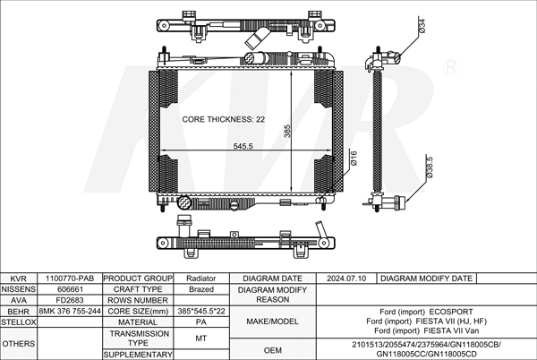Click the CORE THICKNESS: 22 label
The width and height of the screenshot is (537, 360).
coord(223,119)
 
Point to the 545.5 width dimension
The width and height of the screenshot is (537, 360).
coord(243,146)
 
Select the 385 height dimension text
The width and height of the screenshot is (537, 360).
coord(287,131)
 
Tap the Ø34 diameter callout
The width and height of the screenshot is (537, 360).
coord(422,26)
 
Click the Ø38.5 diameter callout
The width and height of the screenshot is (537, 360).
coord(430,167)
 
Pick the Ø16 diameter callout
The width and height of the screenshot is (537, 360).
coord(354,159)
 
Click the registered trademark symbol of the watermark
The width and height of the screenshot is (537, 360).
coord(451,67)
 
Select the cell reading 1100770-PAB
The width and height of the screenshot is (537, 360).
coord(70,279)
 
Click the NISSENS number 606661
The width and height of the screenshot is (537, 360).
coord(70,289)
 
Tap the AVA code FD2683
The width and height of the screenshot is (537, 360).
coord(70,300)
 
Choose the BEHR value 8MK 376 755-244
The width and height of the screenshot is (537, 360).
coord(70,311)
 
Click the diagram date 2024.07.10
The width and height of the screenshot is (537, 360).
coord(346,279)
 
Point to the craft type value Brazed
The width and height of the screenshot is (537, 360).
coord(201,289)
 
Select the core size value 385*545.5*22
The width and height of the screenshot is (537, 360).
coord(201,311)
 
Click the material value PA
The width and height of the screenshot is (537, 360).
coord(201,322)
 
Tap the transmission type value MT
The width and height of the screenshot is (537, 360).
coord(201,339)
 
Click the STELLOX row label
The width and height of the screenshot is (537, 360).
coord(19,322)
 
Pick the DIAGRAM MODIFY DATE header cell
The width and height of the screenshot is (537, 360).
coord(426,279)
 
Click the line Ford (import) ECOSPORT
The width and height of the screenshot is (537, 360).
coord(426,312)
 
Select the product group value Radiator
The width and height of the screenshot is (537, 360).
coord(201,279)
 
